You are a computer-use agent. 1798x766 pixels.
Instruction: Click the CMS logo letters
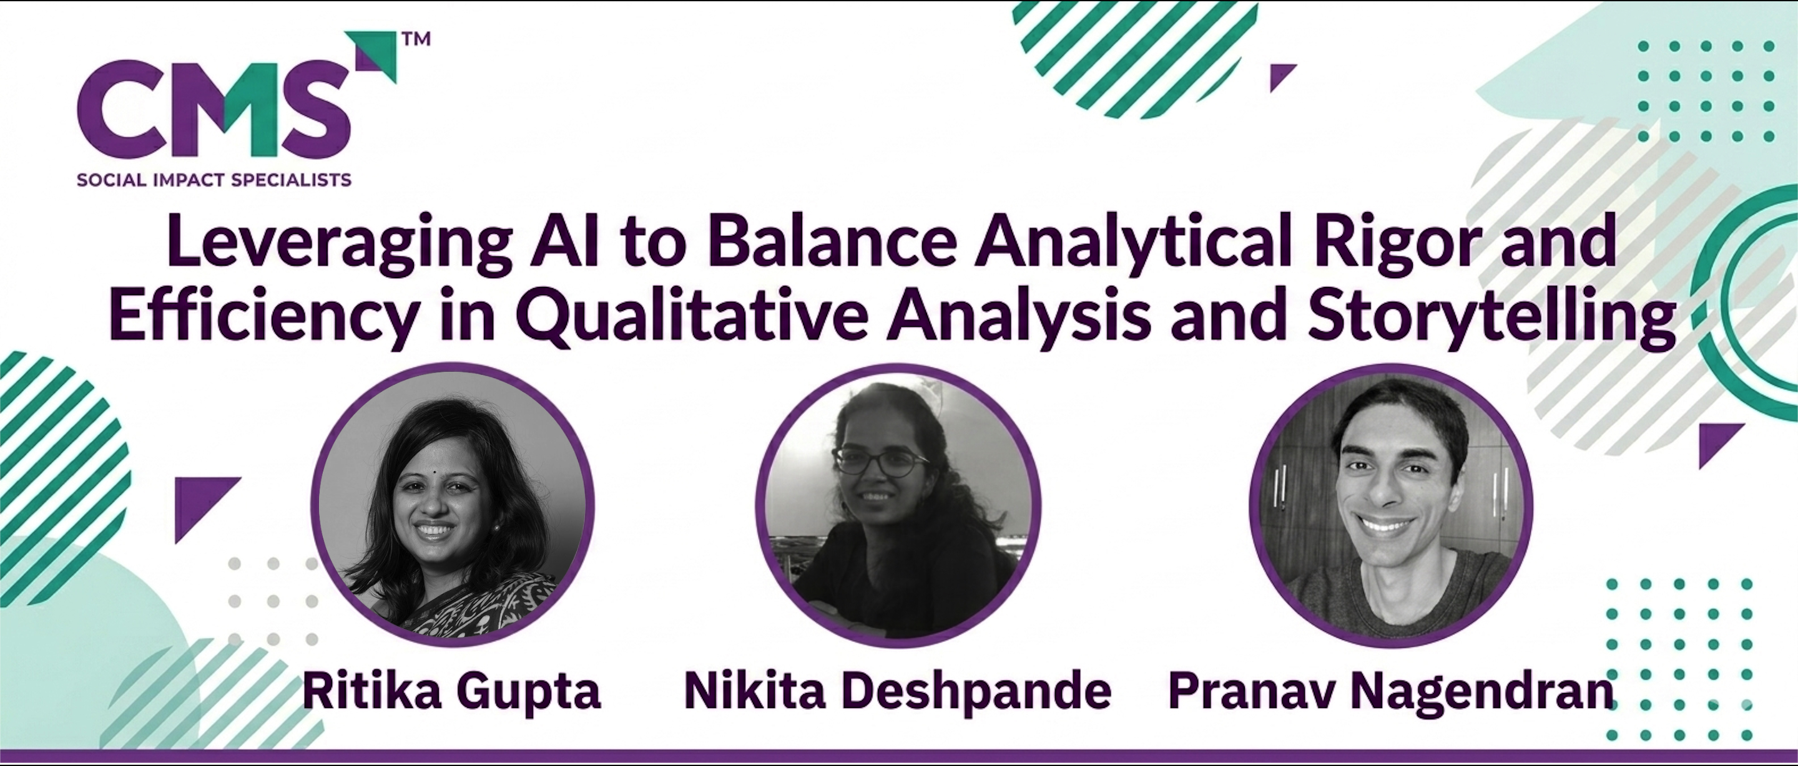(214, 109)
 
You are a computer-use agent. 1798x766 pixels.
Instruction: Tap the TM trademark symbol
(416, 39)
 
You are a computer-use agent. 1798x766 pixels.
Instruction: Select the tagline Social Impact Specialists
(214, 180)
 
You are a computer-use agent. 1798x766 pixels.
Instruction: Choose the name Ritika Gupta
(451, 691)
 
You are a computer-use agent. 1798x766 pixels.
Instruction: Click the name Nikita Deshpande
(897, 691)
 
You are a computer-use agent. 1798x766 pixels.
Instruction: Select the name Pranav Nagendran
(1391, 691)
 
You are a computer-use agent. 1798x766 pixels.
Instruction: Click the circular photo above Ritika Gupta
(452, 503)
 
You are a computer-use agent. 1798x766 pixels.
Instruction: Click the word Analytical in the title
(1135, 243)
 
